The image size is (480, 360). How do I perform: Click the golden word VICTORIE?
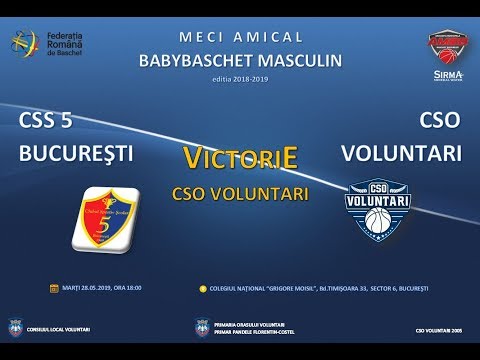coord(239,156)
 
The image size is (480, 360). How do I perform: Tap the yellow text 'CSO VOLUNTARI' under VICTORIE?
coord(239,190)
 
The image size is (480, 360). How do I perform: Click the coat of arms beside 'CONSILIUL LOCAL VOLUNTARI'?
coord(16,327)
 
